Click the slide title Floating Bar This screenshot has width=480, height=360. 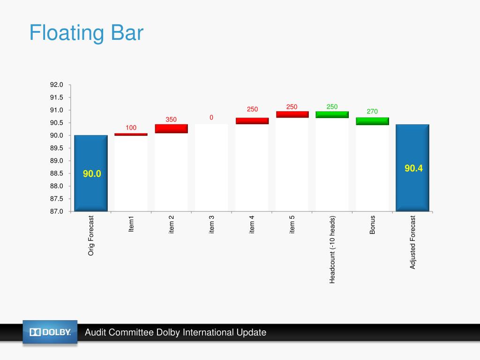click(x=86, y=34)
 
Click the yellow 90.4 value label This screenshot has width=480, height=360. click(x=414, y=168)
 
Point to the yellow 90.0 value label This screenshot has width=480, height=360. click(x=92, y=174)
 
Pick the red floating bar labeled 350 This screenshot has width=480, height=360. click(x=171, y=128)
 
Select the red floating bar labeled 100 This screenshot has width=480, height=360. click(x=131, y=135)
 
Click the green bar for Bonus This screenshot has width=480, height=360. click(x=372, y=121)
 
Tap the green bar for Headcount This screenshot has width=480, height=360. click(x=332, y=114)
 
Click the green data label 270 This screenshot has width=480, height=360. click(x=372, y=112)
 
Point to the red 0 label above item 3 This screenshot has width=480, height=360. click(x=211, y=117)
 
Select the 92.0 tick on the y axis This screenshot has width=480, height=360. click(x=57, y=85)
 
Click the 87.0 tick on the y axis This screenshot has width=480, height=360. click(x=57, y=211)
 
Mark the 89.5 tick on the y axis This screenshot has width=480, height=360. click(x=57, y=148)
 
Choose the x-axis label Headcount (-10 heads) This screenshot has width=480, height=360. click(x=332, y=249)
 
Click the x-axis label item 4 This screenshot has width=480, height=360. click(x=252, y=224)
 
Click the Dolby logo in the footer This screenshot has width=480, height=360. click(x=50, y=332)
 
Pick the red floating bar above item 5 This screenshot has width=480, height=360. click(x=292, y=114)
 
